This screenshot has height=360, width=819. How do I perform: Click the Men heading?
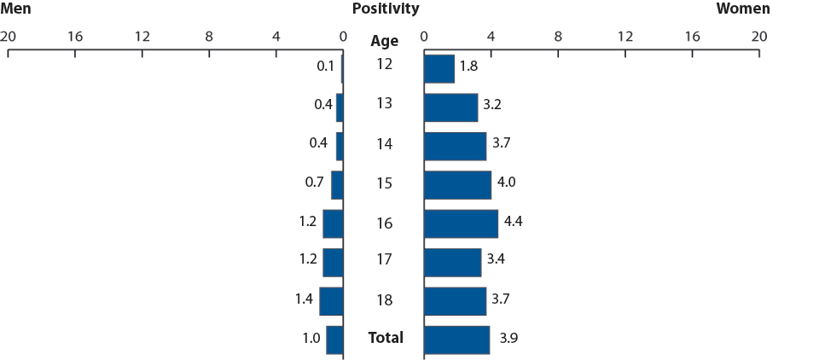(16, 9)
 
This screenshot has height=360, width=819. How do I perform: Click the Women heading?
(742, 9)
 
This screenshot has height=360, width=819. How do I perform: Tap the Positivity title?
(386, 9)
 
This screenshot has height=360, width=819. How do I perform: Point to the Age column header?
(385, 41)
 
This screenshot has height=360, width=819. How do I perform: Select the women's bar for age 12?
(439, 68)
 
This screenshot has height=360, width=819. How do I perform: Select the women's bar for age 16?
(461, 224)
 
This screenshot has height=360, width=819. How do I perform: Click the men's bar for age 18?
(331, 301)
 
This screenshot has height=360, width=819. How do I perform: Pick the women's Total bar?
(456, 340)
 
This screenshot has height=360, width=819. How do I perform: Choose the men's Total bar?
(334, 340)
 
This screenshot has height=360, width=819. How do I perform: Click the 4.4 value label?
(514, 222)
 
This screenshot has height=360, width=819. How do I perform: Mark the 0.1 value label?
(324, 66)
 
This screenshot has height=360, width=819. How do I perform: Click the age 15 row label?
(385, 183)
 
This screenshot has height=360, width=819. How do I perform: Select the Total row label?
(386, 338)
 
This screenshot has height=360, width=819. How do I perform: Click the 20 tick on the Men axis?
(8, 37)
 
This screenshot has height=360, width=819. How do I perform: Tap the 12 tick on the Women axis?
(624, 37)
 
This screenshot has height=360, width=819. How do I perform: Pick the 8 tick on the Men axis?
(209, 37)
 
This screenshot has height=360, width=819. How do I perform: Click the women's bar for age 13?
(450, 107)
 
